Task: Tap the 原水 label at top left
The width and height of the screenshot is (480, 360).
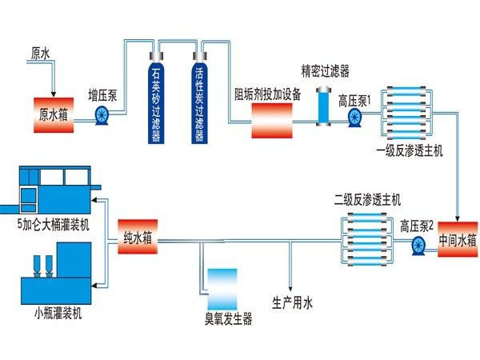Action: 41,54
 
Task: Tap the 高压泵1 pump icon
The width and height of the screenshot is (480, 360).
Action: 354,118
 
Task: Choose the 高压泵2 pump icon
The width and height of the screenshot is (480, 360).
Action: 416,244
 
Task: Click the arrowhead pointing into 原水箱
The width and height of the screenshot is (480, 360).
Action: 54,92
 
